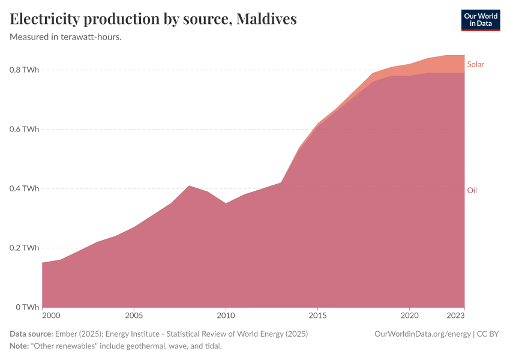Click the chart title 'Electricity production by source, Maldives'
click(x=154, y=19)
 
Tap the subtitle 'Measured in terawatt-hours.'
click(x=66, y=37)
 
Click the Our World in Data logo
click(x=480, y=20)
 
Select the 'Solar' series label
click(x=475, y=64)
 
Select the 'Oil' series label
click(x=472, y=190)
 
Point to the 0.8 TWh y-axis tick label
click(x=25, y=70)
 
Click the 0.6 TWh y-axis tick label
click(x=25, y=129)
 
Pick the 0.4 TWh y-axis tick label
click(x=25, y=188)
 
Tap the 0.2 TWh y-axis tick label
click(x=25, y=248)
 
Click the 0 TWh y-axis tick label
click(x=28, y=307)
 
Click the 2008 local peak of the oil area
click(x=189, y=186)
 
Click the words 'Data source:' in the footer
click(x=31, y=334)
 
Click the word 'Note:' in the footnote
click(x=20, y=346)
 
